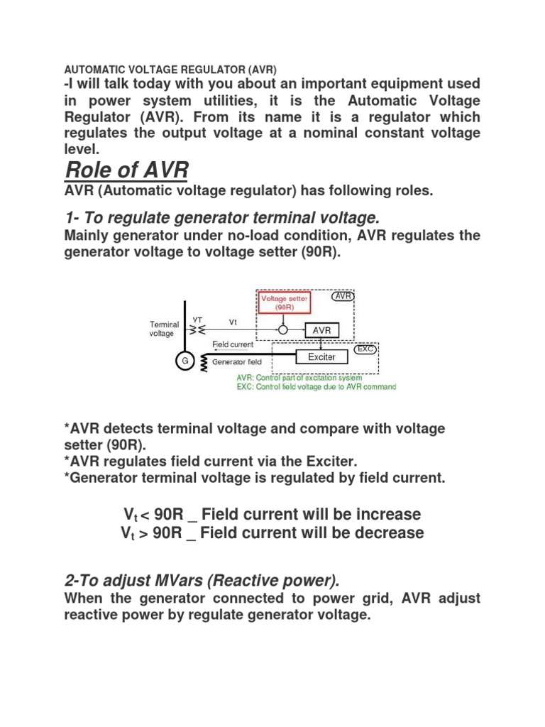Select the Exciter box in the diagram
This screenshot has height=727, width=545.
coord(321,356)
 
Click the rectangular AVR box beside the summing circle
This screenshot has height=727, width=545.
coord(322,330)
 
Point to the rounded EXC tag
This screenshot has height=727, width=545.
coord(366,349)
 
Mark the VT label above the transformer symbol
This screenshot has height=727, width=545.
coord(198,320)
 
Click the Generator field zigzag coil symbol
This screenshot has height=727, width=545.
coord(204,363)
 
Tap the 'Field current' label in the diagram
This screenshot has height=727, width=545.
coord(233,344)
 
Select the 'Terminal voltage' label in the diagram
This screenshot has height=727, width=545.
coord(164,329)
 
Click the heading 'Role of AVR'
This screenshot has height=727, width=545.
coord(126,170)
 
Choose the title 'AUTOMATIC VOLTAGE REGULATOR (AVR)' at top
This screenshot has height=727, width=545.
coord(170,69)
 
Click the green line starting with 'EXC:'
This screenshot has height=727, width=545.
coord(316,387)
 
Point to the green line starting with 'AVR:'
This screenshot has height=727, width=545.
coord(299,378)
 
